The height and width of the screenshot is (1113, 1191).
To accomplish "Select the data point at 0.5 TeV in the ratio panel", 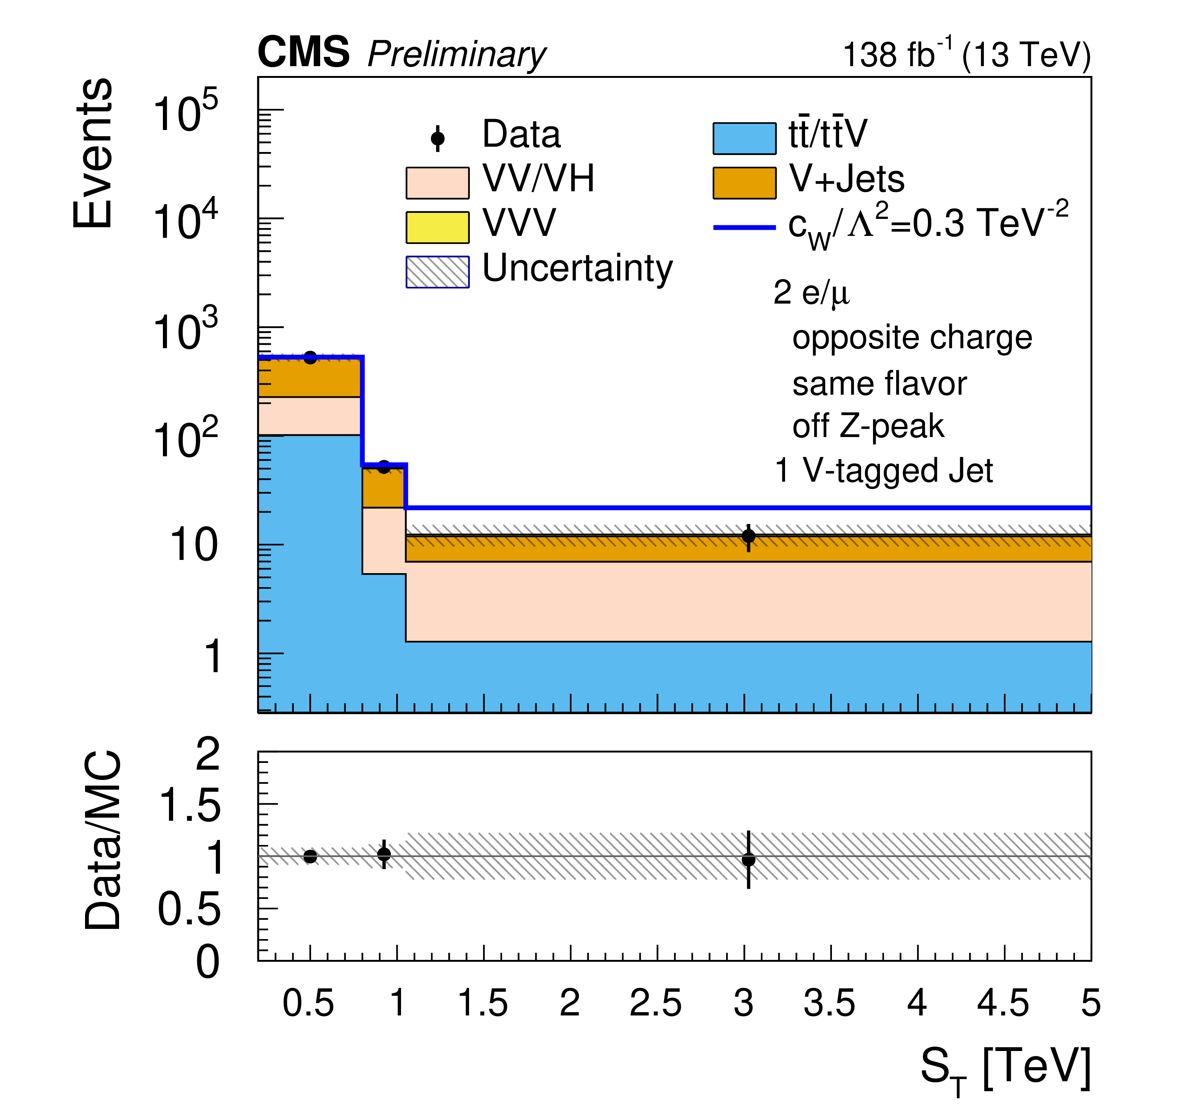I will pyautogui.click(x=310, y=856).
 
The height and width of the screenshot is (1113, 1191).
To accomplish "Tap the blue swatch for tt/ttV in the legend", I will pyautogui.click(x=744, y=138).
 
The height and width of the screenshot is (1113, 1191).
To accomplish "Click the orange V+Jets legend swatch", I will pyautogui.click(x=744, y=183).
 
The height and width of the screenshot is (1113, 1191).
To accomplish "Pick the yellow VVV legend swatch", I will pyautogui.click(x=437, y=227).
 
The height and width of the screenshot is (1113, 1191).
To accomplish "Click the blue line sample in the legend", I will pyautogui.click(x=744, y=228).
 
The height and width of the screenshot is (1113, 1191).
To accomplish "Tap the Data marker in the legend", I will pyautogui.click(x=437, y=138).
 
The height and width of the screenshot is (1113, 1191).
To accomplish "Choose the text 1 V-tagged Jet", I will pyautogui.click(x=884, y=471).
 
